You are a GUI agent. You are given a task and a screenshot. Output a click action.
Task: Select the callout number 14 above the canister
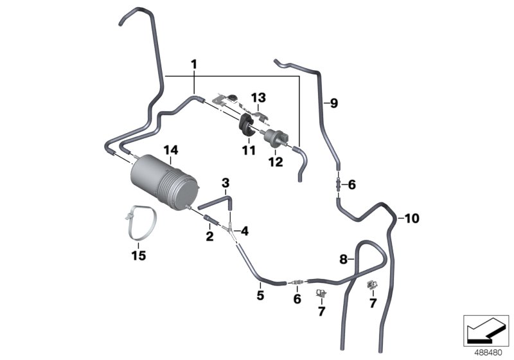[x=170, y=150]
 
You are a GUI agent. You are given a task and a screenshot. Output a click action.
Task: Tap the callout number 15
[x=137, y=256]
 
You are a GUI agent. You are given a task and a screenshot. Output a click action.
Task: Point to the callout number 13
[x=258, y=98]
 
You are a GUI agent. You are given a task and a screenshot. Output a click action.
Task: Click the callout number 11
[x=247, y=150]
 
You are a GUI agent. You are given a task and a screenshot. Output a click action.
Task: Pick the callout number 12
[x=275, y=162]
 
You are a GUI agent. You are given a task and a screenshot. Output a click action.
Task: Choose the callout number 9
[x=333, y=103]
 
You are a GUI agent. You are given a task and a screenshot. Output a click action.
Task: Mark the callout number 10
[x=411, y=219]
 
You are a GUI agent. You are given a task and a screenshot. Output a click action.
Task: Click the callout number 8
[x=343, y=259]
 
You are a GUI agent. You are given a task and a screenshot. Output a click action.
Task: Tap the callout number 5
[x=260, y=296]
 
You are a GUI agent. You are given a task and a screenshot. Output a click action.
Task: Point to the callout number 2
[x=209, y=237]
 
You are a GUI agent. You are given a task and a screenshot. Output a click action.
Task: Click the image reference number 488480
[x=487, y=352]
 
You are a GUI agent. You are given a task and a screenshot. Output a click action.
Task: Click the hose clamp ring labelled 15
[x=139, y=221]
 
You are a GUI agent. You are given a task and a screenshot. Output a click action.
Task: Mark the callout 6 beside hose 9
[x=351, y=184]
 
